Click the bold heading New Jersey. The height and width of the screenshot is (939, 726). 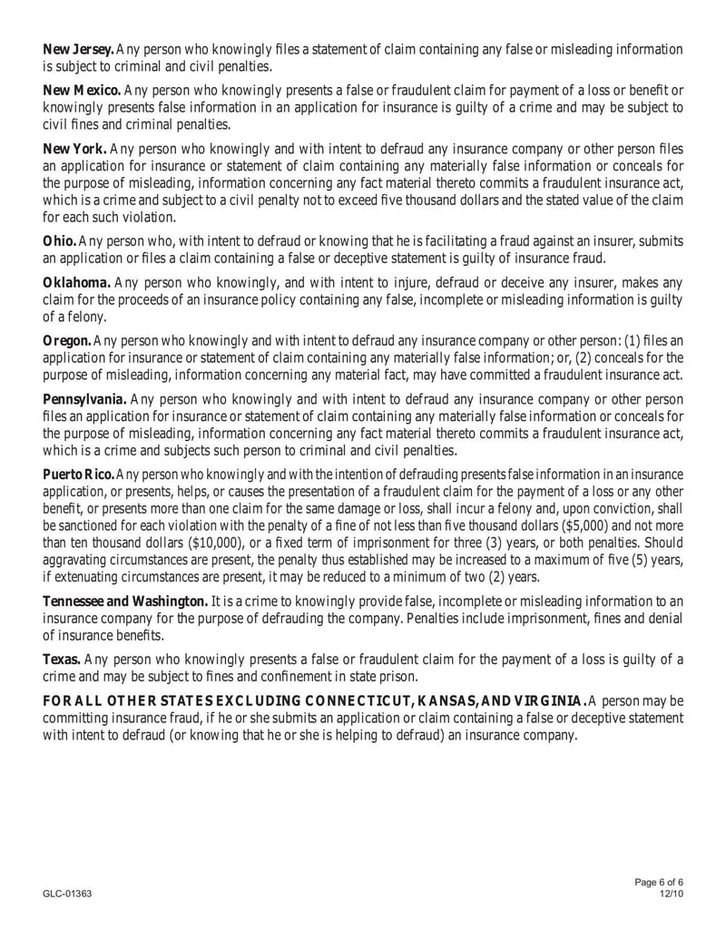78,48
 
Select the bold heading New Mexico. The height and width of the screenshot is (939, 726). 82,90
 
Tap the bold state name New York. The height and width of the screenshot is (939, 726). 75,149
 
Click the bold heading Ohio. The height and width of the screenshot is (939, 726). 60,240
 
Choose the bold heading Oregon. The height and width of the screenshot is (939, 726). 67,341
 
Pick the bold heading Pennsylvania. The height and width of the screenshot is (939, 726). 85,399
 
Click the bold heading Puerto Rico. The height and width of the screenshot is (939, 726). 79,474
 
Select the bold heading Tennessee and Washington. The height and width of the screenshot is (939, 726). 126,601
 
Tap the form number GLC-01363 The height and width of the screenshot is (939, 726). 67,894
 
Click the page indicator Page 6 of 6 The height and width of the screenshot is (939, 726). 658,883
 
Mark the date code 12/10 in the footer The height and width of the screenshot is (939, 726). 670,894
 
